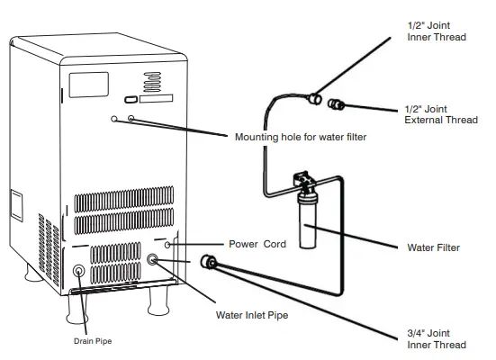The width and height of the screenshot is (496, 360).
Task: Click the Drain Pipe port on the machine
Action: click(78, 270)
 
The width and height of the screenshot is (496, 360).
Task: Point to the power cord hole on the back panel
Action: click(167, 244)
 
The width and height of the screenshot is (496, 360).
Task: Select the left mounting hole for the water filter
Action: click(114, 119)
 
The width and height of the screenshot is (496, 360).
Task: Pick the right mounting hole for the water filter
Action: click(132, 119)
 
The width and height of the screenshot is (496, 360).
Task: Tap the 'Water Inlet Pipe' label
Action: click(253, 315)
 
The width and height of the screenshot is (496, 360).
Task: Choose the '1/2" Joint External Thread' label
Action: click(439, 114)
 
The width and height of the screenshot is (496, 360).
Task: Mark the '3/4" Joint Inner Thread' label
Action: click(437, 338)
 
